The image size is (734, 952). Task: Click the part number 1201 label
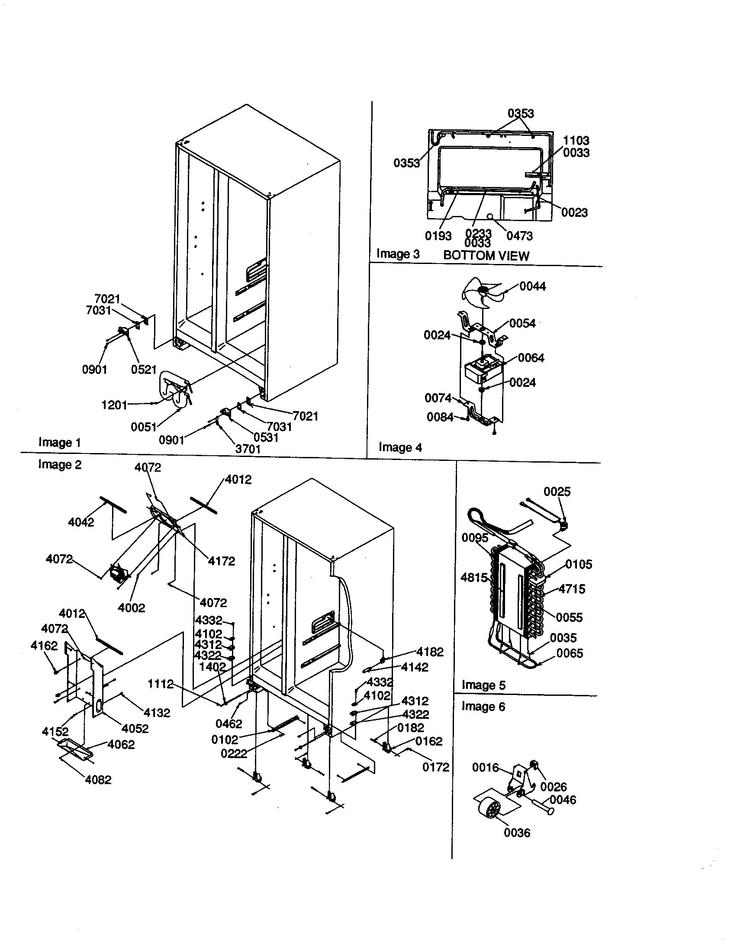(x=114, y=405)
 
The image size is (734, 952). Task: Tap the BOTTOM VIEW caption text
(x=486, y=255)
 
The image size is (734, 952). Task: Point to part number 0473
(x=519, y=236)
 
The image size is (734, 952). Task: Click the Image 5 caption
(x=483, y=685)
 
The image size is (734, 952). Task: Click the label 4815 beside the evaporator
(x=474, y=578)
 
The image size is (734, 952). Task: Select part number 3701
(x=248, y=449)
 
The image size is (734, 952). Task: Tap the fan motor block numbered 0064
(x=481, y=370)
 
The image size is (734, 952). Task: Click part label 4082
(x=98, y=780)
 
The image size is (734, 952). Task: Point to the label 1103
(x=576, y=140)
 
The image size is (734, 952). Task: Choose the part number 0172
(x=435, y=767)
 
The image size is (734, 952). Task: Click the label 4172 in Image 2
(x=222, y=561)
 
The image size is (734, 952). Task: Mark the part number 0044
(x=533, y=286)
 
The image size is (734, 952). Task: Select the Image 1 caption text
(x=60, y=442)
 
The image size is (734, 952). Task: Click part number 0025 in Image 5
(x=557, y=492)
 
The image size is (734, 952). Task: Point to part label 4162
(x=44, y=646)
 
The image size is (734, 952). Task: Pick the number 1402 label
(x=212, y=666)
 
